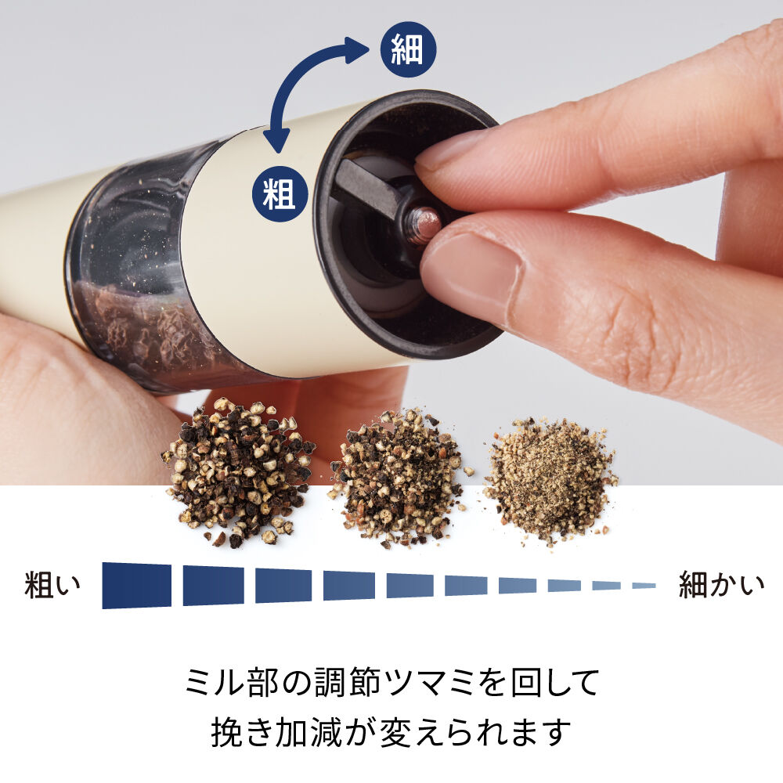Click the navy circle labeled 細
pos(407,52)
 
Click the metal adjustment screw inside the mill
pos(424,225)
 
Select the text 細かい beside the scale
pos(720,585)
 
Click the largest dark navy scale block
pos(136,585)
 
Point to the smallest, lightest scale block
pos(644,585)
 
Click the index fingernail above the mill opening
pos(450,150)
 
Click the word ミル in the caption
pos(215,682)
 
